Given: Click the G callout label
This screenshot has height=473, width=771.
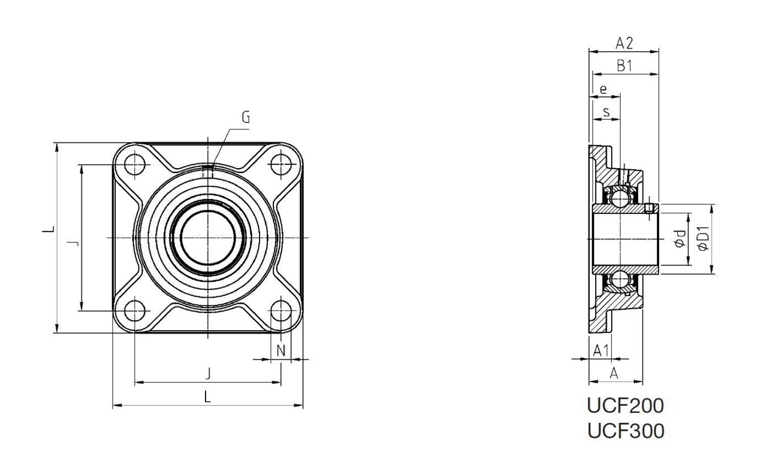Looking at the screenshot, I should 246,118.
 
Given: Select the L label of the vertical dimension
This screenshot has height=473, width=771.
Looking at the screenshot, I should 49,229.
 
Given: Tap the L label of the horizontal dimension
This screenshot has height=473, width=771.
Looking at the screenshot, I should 208,397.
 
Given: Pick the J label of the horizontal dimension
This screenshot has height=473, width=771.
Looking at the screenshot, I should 208,373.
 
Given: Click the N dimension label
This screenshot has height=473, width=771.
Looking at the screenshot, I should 281,351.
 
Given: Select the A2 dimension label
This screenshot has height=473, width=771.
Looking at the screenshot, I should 624,44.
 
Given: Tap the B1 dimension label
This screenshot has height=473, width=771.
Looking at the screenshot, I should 624,66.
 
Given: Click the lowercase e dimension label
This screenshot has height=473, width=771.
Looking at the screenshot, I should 603,89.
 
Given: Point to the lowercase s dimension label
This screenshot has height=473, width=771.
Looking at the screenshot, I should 607,112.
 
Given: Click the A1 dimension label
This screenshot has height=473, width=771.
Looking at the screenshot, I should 600,351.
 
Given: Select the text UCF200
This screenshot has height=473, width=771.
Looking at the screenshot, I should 625,406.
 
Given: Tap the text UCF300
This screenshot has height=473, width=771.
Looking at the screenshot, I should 625,431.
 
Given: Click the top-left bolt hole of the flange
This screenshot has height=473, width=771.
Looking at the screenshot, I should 135,165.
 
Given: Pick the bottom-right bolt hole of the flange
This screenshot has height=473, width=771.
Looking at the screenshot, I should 281,311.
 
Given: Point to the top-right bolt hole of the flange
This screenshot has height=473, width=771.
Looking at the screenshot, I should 281,165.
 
